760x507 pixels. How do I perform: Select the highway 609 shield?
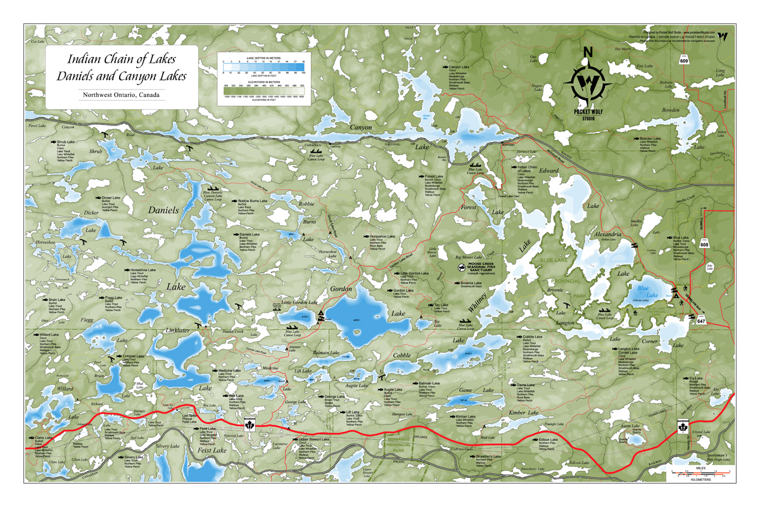[x=684, y=61]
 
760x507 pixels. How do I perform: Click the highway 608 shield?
[x=704, y=243]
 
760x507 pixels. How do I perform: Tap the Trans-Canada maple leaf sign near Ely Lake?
[x=683, y=427]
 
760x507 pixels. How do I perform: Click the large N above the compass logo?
[x=587, y=52]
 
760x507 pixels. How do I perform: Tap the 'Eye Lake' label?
[x=644, y=65]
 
